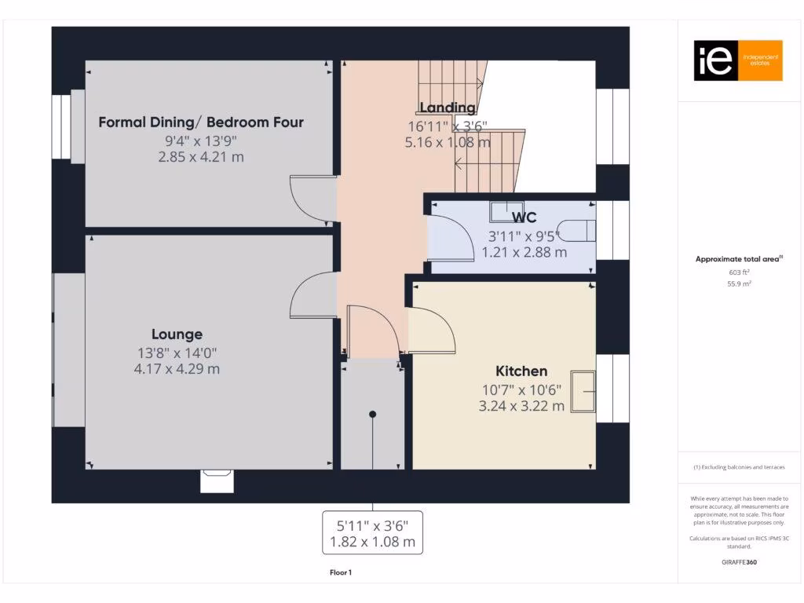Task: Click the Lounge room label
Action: tap(177, 334)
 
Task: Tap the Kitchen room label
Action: tap(521, 371)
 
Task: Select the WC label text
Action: tap(524, 217)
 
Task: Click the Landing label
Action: tap(447, 108)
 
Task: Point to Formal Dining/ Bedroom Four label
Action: tap(201, 122)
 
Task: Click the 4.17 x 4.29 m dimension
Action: tap(177, 368)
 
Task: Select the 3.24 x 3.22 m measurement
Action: tap(521, 406)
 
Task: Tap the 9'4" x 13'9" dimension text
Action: tap(201, 141)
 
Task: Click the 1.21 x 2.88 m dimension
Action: tap(524, 252)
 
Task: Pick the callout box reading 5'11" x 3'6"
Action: tap(372, 532)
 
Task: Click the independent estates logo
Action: tap(738, 60)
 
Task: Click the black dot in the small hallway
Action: tap(373, 414)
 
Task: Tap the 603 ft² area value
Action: tap(738, 272)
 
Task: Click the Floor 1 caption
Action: tap(341, 573)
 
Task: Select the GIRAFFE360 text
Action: tap(738, 562)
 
